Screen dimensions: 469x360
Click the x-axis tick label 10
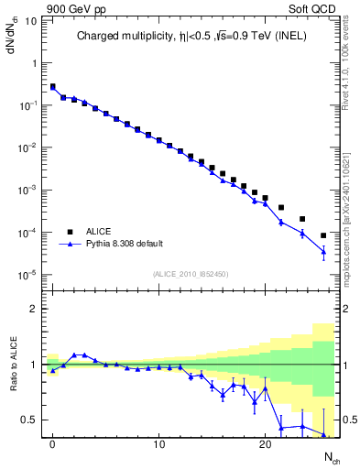click(x=158, y=445)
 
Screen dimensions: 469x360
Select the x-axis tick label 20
click(x=265, y=445)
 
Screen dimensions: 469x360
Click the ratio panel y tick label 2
click(x=32, y=309)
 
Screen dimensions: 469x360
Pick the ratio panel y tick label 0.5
click(x=28, y=420)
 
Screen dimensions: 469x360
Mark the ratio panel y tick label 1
click(x=32, y=365)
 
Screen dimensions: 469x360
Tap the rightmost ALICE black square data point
click(x=323, y=235)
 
